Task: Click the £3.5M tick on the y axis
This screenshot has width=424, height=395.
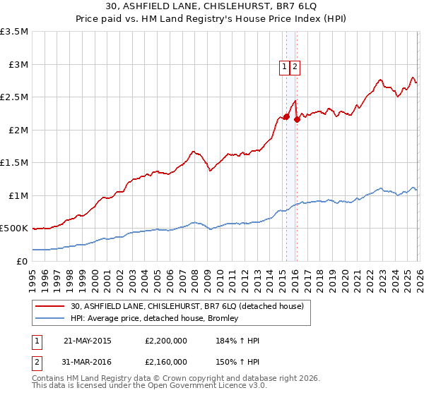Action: click(15, 32)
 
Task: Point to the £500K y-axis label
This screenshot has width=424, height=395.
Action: click(14, 228)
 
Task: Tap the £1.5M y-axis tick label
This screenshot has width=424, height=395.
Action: click(15, 162)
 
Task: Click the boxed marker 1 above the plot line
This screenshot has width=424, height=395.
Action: click(284, 68)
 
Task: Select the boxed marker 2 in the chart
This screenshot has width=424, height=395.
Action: click(295, 68)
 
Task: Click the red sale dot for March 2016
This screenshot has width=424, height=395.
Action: click(297, 119)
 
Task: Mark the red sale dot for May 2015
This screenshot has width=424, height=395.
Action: click(286, 116)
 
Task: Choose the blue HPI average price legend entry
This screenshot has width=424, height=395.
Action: click(154, 318)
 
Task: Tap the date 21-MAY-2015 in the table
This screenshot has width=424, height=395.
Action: click(88, 341)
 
